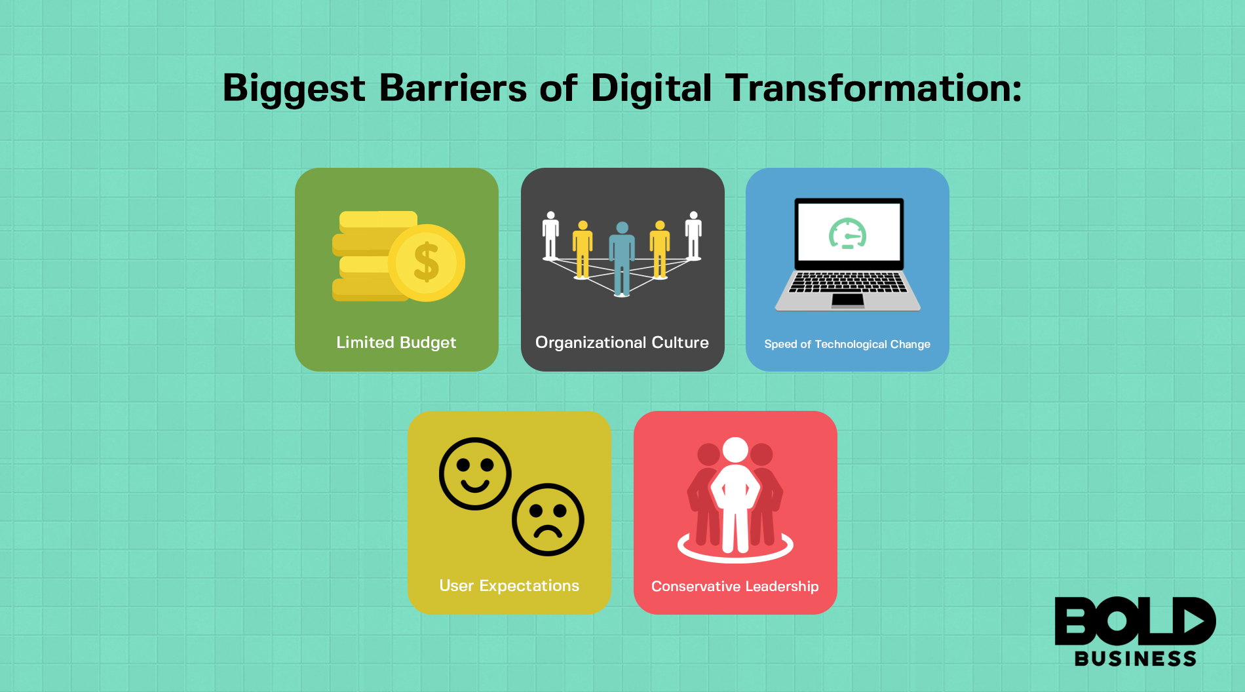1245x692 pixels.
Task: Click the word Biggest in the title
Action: tap(294, 89)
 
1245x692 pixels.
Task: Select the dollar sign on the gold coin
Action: tap(427, 262)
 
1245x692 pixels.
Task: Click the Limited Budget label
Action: tap(396, 343)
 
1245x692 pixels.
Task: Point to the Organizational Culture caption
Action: tap(622, 343)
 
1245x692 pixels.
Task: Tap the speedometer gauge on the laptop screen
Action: tap(848, 233)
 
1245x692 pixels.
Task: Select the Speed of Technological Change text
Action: tap(847, 344)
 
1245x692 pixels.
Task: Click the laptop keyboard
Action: tap(848, 282)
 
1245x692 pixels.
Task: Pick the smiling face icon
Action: tap(475, 473)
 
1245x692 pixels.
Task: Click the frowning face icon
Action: tap(548, 520)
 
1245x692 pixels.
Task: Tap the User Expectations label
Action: tap(509, 586)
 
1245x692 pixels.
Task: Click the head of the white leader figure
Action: tap(735, 450)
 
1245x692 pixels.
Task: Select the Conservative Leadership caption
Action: tap(735, 586)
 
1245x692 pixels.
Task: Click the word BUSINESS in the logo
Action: tap(1136, 659)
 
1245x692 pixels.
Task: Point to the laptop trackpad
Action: tap(848, 300)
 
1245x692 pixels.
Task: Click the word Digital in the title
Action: tap(651, 88)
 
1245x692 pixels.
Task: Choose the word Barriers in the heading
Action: tap(453, 88)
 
